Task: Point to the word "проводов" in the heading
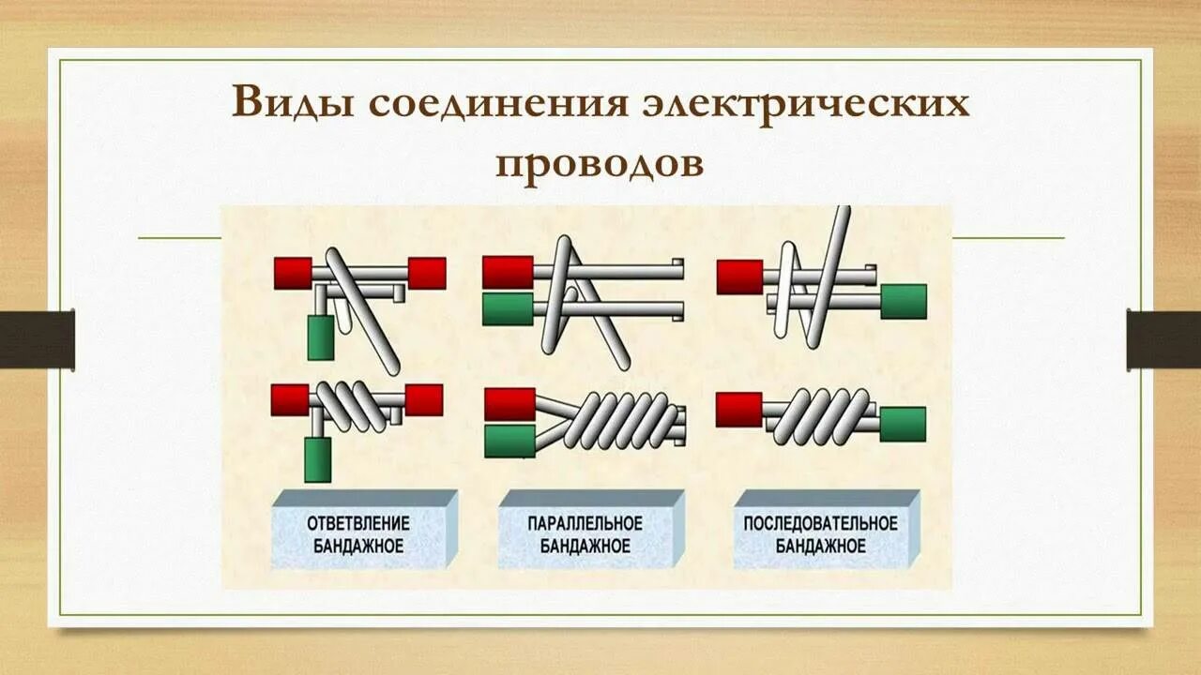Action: [600, 163]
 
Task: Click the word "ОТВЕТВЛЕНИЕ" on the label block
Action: [359, 523]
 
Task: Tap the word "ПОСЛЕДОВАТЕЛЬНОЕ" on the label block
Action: [820, 523]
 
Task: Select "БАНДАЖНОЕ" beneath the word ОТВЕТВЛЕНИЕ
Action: [359, 546]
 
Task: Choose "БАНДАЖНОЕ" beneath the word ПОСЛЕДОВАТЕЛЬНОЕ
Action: [820, 546]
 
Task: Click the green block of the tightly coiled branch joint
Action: [318, 459]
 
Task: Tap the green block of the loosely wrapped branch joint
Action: [321, 337]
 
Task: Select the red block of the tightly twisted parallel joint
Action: [509, 404]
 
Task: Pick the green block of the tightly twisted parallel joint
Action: [509, 441]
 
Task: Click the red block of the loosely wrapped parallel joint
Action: [508, 272]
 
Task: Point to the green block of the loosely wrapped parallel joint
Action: [508, 308]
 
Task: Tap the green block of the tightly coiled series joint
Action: [903, 425]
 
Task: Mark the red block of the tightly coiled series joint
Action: [739, 410]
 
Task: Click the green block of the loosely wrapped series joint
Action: [904, 301]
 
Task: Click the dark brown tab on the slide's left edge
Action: [38, 339]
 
